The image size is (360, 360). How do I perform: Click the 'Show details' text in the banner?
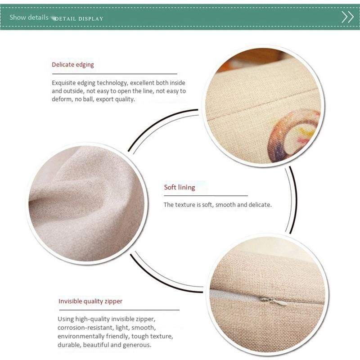[29, 18]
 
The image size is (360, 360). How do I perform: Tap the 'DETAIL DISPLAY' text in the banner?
[79, 19]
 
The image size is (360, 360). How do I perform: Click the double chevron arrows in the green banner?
[347, 17]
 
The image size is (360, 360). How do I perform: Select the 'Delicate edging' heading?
[73, 65]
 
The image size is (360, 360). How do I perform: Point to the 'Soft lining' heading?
[180, 187]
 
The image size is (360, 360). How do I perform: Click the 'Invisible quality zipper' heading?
[90, 301]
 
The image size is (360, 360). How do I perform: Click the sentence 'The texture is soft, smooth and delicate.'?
[218, 205]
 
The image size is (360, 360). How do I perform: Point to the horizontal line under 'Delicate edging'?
[115, 74]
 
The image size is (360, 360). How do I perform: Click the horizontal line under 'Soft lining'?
[206, 196]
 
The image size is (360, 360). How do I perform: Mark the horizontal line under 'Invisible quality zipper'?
[119, 310]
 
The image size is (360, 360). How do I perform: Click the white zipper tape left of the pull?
[234, 295]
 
